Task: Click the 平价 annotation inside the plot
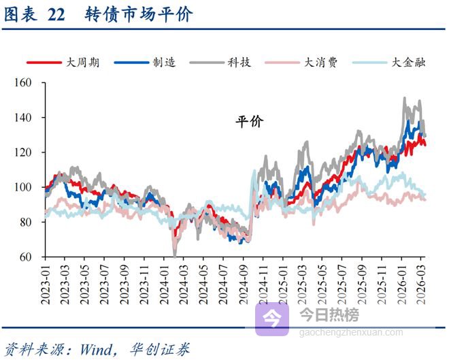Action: (249, 122)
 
